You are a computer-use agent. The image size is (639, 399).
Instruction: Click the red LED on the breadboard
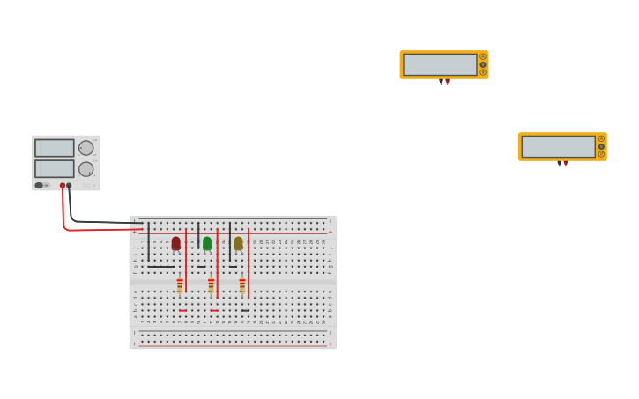click(x=176, y=243)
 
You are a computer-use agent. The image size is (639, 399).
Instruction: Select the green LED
click(x=207, y=243)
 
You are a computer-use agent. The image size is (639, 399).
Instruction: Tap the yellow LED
click(x=238, y=243)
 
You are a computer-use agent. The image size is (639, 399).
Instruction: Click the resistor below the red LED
click(x=180, y=286)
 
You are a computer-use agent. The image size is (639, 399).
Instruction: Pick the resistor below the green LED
click(x=212, y=286)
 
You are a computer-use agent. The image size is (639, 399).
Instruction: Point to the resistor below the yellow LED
click(x=242, y=286)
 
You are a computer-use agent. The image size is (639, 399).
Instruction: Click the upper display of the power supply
click(x=55, y=148)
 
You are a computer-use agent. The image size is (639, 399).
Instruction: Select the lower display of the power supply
click(x=55, y=168)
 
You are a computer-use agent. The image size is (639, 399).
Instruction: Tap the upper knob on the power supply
click(x=85, y=148)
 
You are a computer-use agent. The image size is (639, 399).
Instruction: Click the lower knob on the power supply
click(x=85, y=169)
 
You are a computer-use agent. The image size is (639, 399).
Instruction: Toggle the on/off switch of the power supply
click(x=40, y=185)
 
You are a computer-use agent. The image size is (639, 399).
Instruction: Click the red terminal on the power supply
click(x=63, y=185)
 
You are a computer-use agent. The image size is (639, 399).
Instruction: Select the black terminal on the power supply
click(x=69, y=185)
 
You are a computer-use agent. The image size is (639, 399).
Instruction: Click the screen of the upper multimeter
click(x=440, y=64)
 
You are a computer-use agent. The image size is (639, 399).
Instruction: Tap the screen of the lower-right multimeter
click(x=558, y=146)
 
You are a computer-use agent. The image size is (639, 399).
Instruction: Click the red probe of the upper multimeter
click(x=447, y=82)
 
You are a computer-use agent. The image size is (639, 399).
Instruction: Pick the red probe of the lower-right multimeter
click(x=565, y=163)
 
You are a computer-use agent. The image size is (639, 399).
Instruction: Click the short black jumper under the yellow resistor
click(x=245, y=310)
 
